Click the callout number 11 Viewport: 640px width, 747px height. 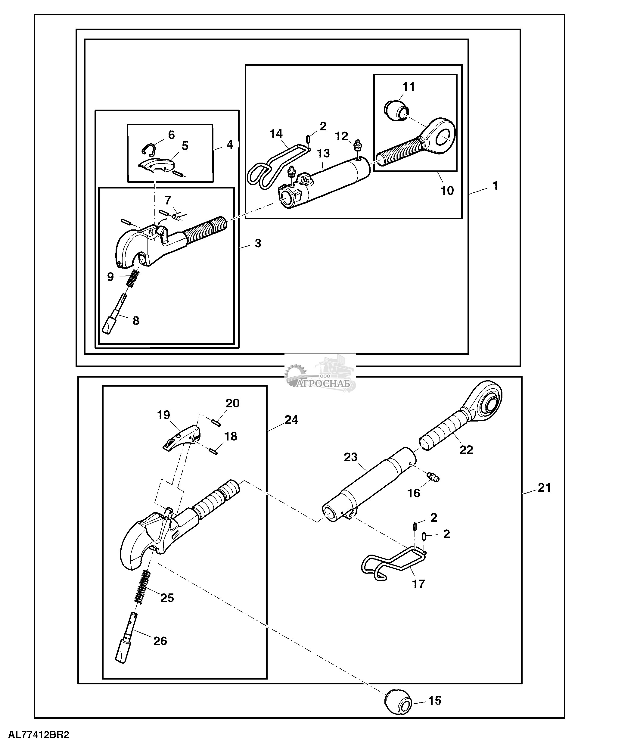point(409,87)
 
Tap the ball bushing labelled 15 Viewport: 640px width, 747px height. point(398,701)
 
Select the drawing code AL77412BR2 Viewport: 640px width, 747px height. point(39,734)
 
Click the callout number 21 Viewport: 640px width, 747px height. point(545,488)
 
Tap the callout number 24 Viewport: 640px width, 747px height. point(291,420)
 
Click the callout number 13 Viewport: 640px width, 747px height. point(323,153)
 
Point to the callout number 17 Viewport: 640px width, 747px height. point(418,584)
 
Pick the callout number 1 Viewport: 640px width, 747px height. point(495,186)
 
